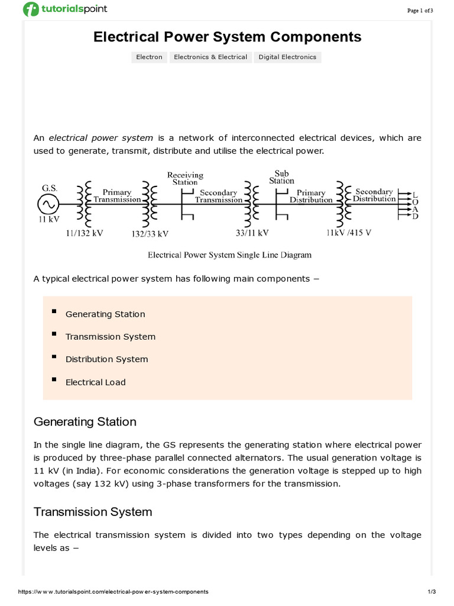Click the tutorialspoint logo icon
(31, 9)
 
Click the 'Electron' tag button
(149, 57)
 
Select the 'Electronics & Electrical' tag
(210, 57)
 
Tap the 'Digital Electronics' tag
(287, 57)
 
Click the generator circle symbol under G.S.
(47, 205)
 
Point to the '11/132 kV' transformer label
(85, 233)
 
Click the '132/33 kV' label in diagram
(150, 234)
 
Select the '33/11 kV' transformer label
(252, 233)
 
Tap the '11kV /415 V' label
(349, 233)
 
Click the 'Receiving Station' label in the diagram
(185, 179)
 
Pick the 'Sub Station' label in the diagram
(281, 178)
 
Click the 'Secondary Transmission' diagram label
(218, 196)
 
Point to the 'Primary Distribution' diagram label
(311, 196)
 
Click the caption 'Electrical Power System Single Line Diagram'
(229, 255)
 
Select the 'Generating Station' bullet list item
(105, 314)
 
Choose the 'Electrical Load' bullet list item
(95, 382)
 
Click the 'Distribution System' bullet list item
(106, 359)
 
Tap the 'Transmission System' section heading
(93, 512)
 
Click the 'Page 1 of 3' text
(420, 10)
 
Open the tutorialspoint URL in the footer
(113, 592)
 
